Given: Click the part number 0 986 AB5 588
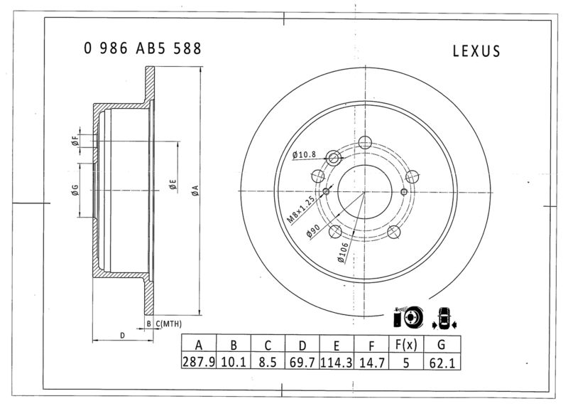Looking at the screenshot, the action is tap(143, 48).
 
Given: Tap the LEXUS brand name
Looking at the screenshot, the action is tap(476, 51).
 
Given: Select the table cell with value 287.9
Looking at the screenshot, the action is tap(199, 362).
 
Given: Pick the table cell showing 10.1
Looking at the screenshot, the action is tap(234, 362).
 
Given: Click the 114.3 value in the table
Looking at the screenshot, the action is tap(337, 362).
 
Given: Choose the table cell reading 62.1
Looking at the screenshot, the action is tap(442, 363).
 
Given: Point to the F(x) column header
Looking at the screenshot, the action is tap(406, 345).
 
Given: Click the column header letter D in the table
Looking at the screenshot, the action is tap(302, 346).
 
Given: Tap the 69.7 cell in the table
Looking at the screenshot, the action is tap(302, 362).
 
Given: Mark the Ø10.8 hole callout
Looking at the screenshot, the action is tap(304, 154).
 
